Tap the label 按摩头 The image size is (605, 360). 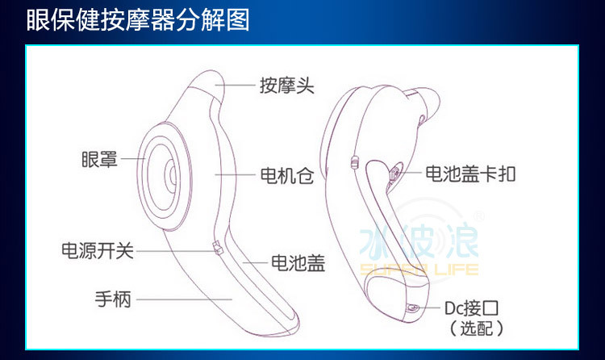[286, 85]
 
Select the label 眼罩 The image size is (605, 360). [100, 160]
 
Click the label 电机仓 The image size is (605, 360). [286, 174]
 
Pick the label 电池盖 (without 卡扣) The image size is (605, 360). [298, 262]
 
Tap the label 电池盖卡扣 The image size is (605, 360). [470, 174]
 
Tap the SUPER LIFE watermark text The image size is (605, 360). [419, 270]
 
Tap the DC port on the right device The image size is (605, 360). [414, 308]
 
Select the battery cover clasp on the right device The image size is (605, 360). [394, 173]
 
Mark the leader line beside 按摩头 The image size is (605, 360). [240, 84]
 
